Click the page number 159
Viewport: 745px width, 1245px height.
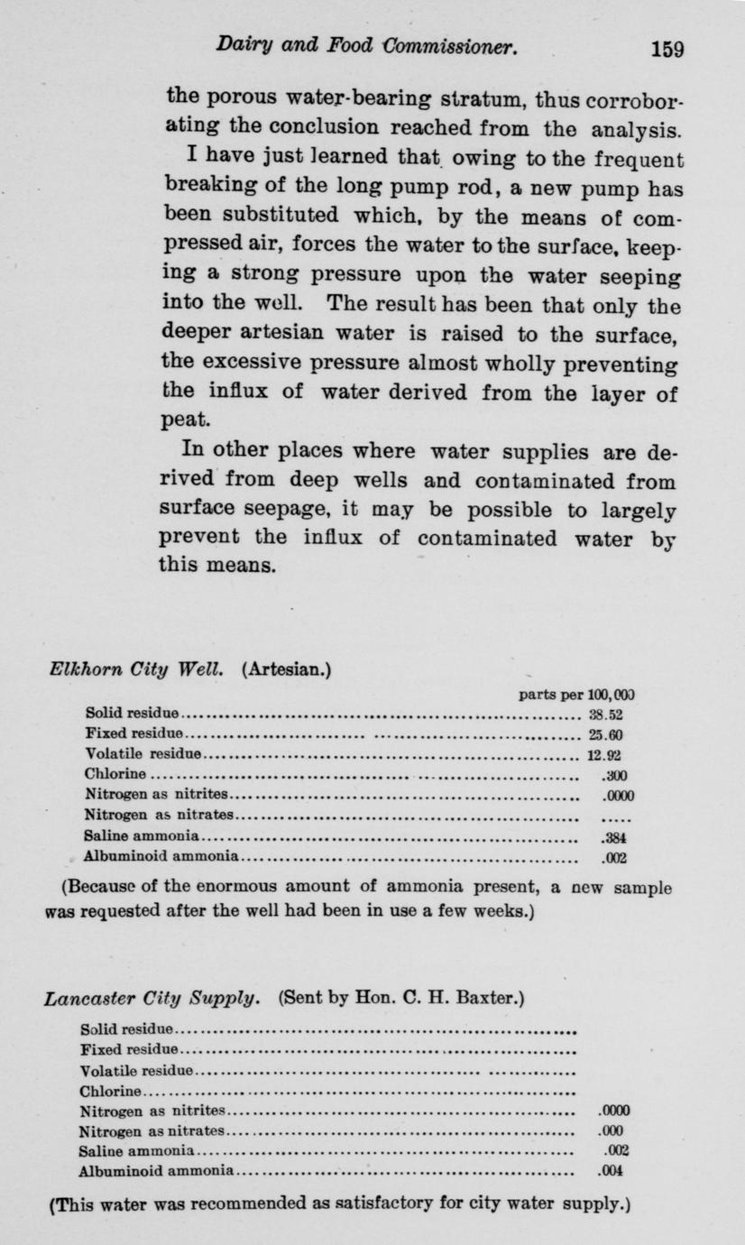[667, 48]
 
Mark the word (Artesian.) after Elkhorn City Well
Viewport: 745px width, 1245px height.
[288, 670]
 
